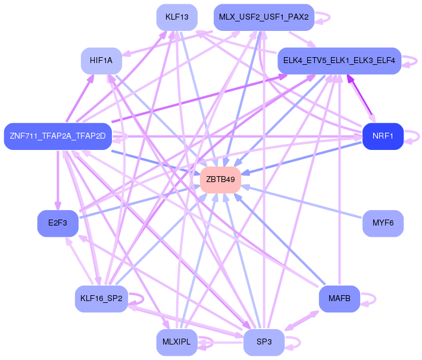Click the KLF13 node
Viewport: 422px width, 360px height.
pyautogui.click(x=177, y=17)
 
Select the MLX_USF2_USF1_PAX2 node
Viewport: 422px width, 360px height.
pyautogui.click(x=264, y=17)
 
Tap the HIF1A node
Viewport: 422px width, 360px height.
pyautogui.click(x=101, y=61)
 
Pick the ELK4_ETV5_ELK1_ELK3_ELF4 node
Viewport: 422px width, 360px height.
pyautogui.click(x=339, y=61)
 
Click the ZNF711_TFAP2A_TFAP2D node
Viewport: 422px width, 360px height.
pyautogui.click(x=58, y=136)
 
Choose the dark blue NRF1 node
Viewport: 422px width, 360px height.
pyautogui.click(x=383, y=136)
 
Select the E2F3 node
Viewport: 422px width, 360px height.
pyautogui.click(x=58, y=223)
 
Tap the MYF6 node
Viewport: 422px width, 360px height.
pyautogui.click(x=383, y=223)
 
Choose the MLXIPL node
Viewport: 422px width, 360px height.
pyautogui.click(x=177, y=342)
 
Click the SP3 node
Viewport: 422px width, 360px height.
pyautogui.click(x=264, y=342)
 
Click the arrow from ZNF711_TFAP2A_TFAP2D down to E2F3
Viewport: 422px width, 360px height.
pyautogui.click(x=58, y=179)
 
